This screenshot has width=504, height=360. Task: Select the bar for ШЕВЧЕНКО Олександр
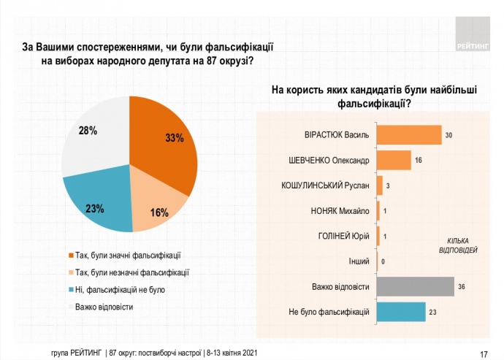394,160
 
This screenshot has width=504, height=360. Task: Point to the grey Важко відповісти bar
415,287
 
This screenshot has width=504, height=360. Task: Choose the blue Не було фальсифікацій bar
401,313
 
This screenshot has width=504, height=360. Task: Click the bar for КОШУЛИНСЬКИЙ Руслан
380,185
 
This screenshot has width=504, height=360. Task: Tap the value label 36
462,287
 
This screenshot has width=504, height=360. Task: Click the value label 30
449,135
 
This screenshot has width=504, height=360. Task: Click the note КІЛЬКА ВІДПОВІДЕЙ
462,245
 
